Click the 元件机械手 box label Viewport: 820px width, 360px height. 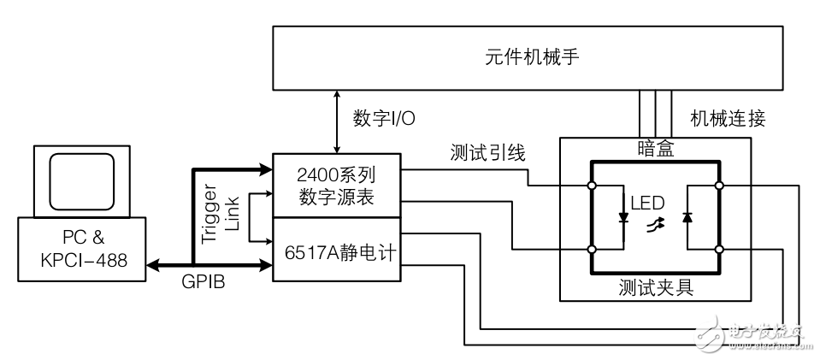coord(528,57)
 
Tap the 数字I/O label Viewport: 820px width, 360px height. coord(384,119)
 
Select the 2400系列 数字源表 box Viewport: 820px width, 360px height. coord(336,186)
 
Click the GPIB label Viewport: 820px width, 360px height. coord(204,283)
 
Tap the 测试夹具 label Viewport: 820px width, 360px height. coord(656,288)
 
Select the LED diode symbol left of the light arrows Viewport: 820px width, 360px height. coord(623,218)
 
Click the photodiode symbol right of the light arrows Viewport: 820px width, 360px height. coord(687,218)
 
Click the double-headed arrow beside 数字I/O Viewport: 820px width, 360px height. coord(340,121)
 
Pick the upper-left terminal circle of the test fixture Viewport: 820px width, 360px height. coord(592,185)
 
